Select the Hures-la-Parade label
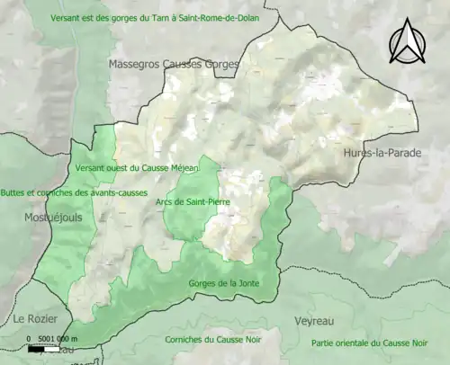[381, 154]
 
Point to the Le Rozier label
[31, 319]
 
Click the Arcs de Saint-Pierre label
[193, 202]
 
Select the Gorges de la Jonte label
[223, 283]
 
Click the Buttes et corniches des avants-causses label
[75, 192]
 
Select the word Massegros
[136, 65]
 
